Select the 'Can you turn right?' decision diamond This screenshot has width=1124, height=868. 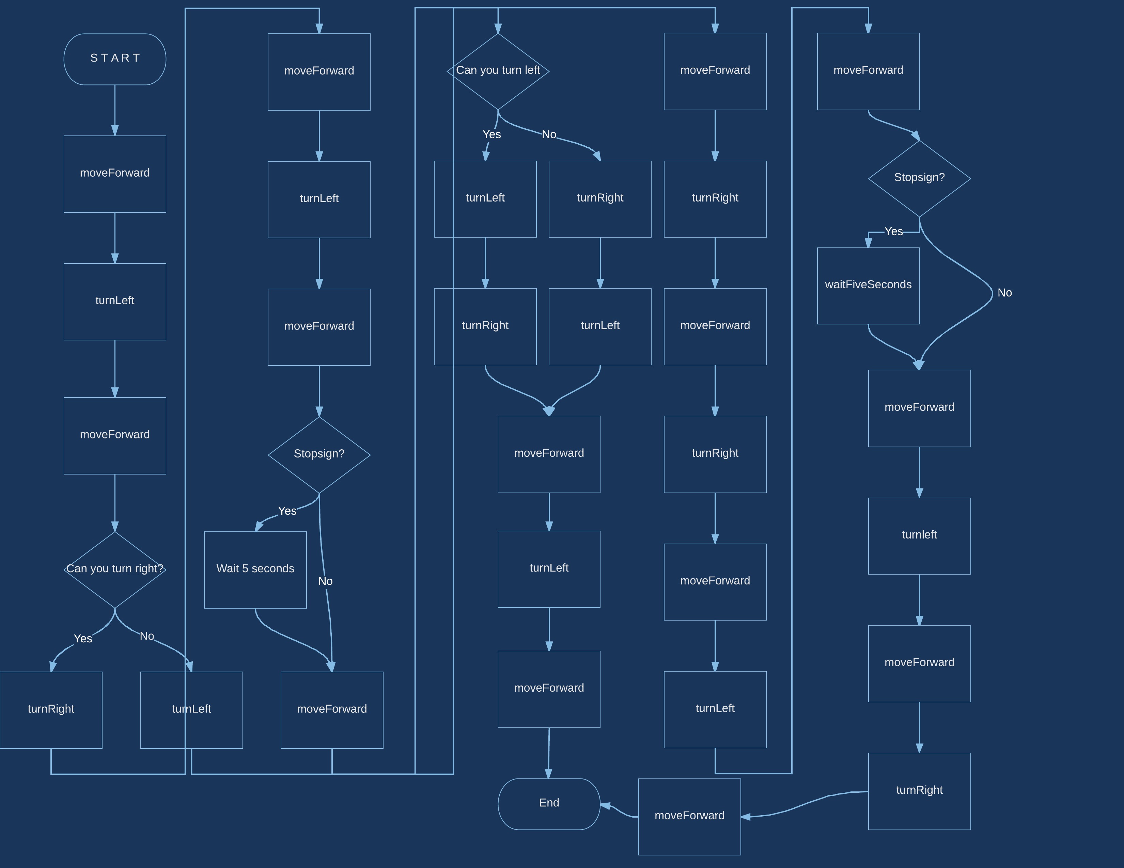[115, 569]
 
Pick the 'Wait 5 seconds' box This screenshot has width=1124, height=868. [255, 569]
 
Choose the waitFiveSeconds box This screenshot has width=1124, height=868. [868, 285]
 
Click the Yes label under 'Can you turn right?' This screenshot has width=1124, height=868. [83, 639]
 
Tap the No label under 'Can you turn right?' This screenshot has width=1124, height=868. [147, 636]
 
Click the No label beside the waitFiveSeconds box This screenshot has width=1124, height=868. [1004, 293]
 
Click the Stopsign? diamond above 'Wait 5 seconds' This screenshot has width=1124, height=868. [319, 454]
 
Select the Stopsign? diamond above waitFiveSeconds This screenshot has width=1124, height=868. [919, 178]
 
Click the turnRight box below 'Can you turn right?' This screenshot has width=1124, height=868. [51, 710]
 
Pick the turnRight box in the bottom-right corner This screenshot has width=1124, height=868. [919, 791]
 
